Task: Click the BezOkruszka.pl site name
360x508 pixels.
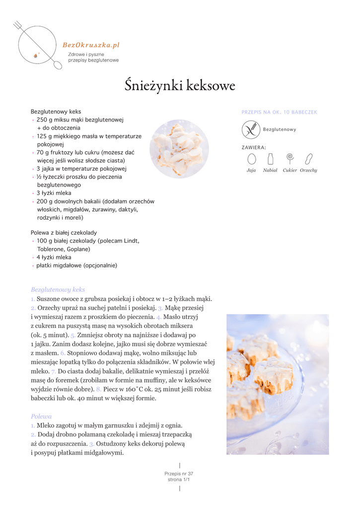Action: click(x=91, y=45)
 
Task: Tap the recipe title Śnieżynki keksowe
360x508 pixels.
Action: click(x=180, y=86)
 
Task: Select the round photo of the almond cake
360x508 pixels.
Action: click(x=179, y=148)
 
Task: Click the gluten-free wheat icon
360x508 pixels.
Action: click(x=251, y=129)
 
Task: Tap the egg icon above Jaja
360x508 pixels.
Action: click(x=251, y=159)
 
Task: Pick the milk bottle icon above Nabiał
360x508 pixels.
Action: click(x=270, y=159)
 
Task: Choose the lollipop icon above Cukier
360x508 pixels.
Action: click(x=289, y=158)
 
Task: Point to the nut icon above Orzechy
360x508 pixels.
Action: click(x=308, y=159)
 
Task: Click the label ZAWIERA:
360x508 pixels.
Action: click(x=254, y=147)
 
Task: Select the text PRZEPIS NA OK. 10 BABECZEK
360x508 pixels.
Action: click(x=279, y=113)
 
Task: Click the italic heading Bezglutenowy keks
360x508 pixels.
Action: click(x=58, y=289)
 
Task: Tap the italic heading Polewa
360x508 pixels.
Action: click(x=41, y=416)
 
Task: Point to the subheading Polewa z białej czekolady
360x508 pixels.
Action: click(x=64, y=233)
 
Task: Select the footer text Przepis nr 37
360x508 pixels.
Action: click(x=179, y=474)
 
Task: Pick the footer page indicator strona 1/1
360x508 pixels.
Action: click(x=179, y=480)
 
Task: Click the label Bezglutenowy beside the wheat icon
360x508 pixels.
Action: click(x=280, y=129)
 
